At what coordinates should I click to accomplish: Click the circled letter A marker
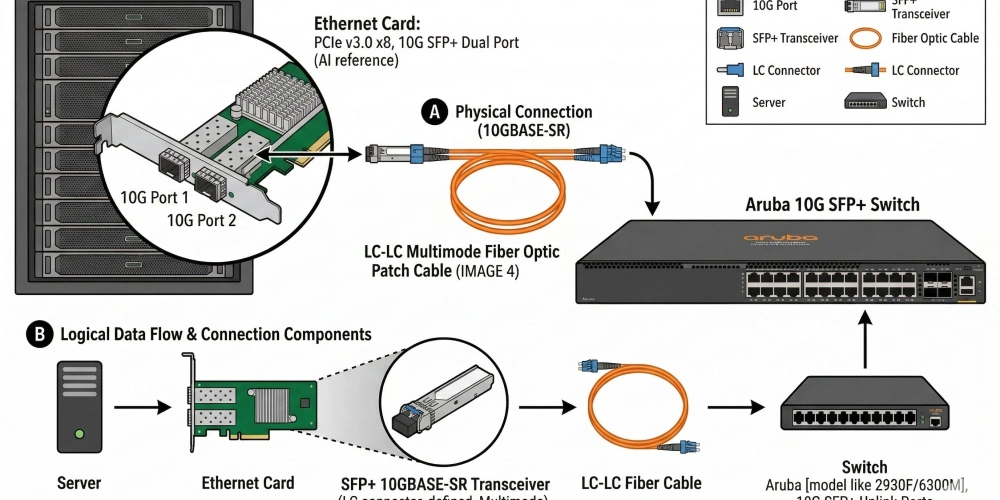pyautogui.click(x=434, y=112)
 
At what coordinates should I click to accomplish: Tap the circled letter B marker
pyautogui.click(x=40, y=334)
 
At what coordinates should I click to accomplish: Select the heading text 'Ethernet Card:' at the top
pyautogui.click(x=368, y=24)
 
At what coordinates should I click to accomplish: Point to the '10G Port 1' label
pyautogui.click(x=154, y=197)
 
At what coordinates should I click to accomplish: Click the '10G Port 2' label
pyautogui.click(x=201, y=220)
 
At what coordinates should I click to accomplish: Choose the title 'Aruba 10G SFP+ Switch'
pyautogui.click(x=832, y=204)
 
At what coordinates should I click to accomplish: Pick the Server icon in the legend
pyautogui.click(x=730, y=102)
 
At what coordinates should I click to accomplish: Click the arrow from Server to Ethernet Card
pyautogui.click(x=139, y=408)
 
